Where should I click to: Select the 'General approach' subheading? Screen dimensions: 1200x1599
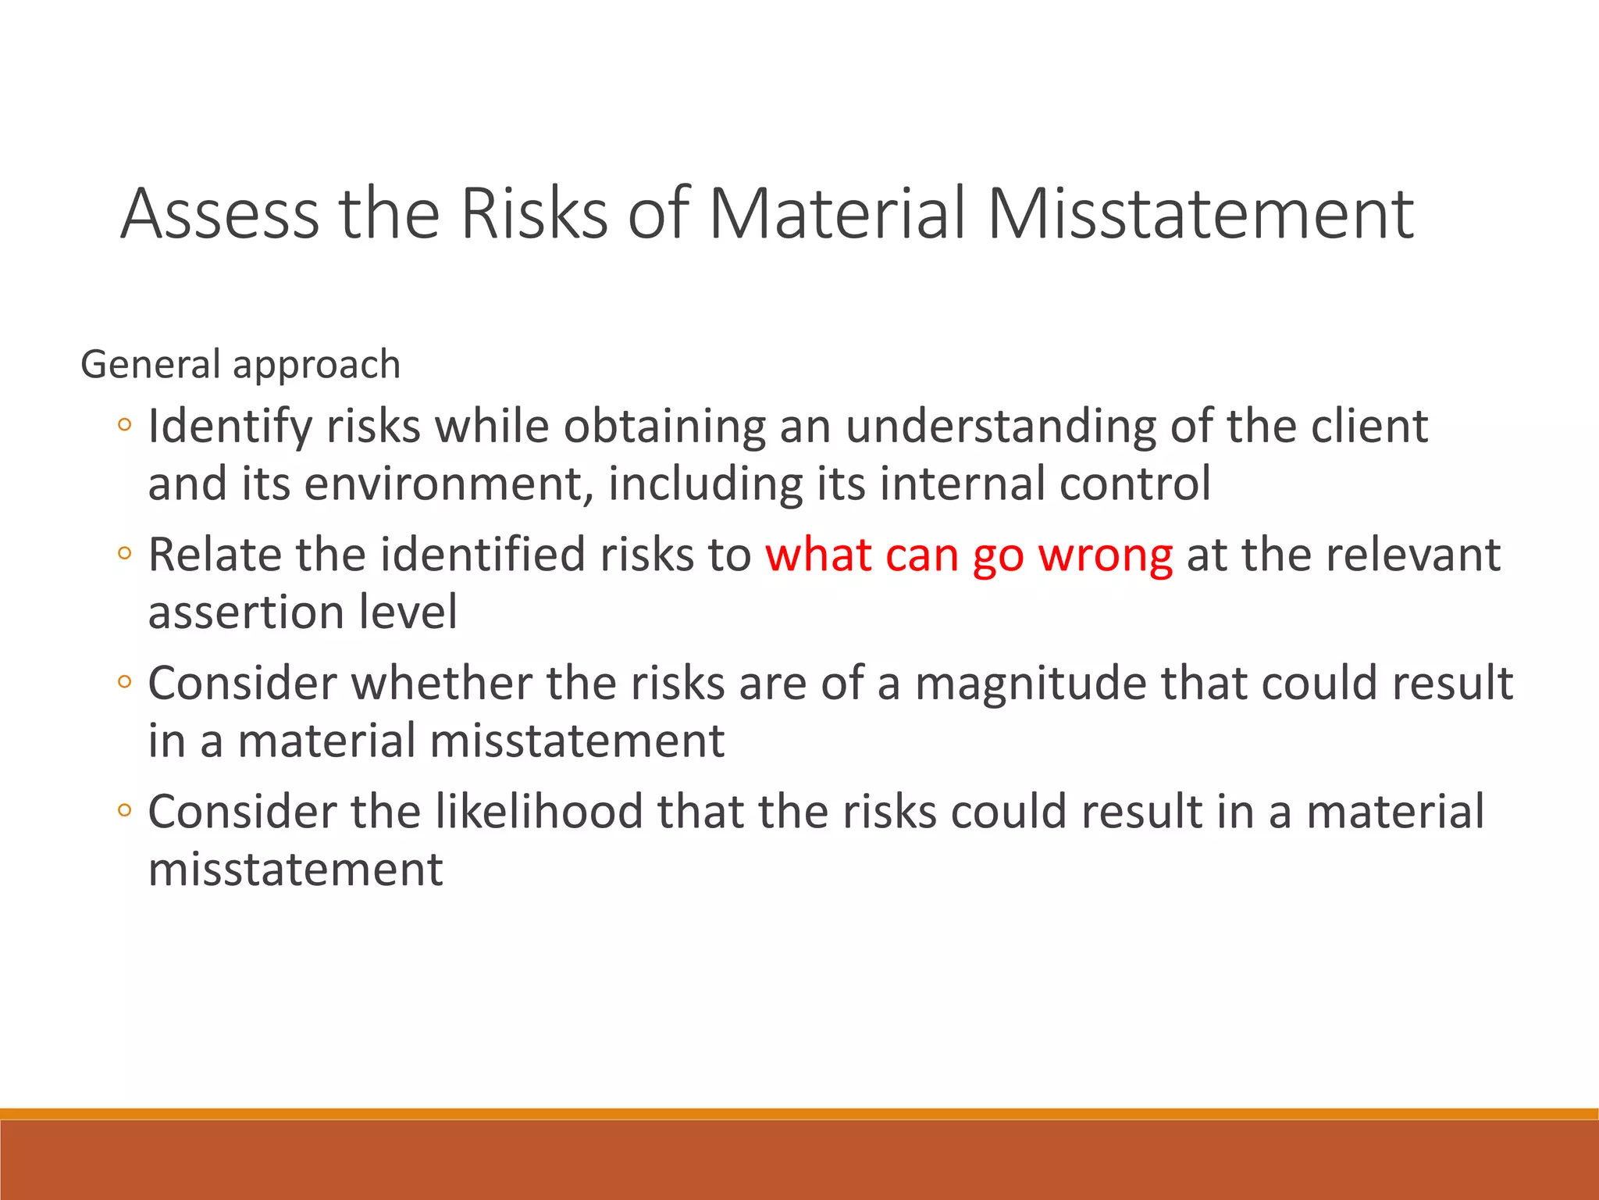coord(240,365)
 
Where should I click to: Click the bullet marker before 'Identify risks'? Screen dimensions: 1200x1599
coord(124,426)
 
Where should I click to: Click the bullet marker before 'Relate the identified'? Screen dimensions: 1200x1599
coord(124,554)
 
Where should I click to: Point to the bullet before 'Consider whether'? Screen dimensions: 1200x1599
coord(124,682)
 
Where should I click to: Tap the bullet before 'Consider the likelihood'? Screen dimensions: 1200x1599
coord(124,810)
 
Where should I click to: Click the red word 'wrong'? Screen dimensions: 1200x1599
coord(1105,555)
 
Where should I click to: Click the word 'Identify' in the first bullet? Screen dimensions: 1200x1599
coord(230,427)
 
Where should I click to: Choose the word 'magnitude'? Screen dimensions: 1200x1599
coord(1031,684)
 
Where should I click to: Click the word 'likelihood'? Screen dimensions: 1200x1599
coord(539,812)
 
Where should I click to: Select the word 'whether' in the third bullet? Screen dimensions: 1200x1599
coord(442,684)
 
